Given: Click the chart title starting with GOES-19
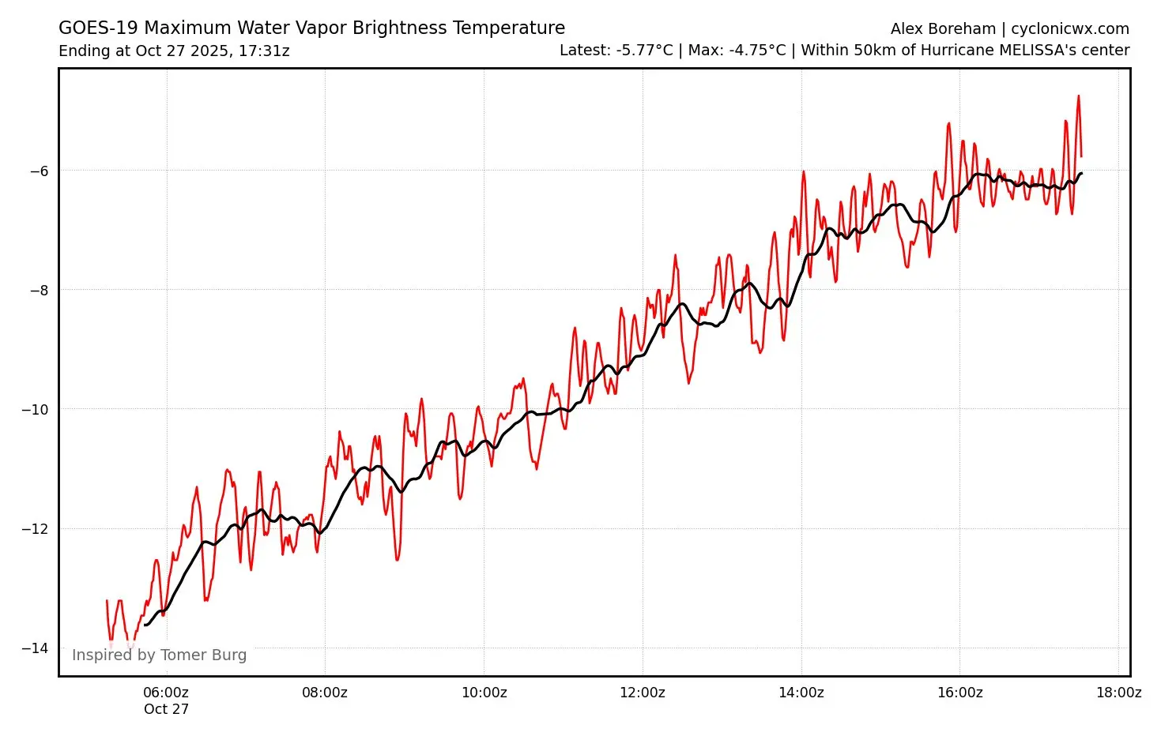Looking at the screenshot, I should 311,28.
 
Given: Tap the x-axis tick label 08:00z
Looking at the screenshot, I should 325,693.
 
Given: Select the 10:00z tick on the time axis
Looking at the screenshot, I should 484,693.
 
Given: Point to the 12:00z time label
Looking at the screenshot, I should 642,693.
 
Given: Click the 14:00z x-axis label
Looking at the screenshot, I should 801,693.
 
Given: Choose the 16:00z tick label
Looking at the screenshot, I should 959,693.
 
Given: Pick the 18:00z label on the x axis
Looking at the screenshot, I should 1118,693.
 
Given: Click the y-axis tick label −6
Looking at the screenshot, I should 39,171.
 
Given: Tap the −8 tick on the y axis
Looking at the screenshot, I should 39,290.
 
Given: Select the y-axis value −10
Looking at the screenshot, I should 36,409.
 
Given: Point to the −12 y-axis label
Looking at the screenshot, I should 36,528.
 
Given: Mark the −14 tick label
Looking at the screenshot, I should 36,648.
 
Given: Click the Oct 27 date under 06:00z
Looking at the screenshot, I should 166,709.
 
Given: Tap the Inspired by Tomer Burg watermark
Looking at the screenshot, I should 159,655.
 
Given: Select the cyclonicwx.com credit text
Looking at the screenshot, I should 1070,29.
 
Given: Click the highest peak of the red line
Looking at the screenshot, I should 1078,96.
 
